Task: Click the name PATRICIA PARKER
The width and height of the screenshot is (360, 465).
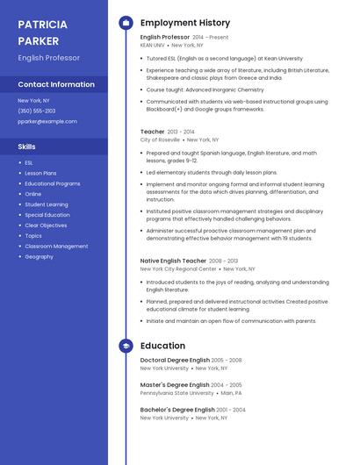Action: [43, 32]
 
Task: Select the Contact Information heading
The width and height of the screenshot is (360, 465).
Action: [56, 84]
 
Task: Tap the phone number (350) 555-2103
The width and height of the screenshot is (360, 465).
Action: [37, 111]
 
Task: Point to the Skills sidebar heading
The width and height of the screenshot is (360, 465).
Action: [27, 147]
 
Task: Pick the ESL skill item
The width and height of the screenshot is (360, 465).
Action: [29, 163]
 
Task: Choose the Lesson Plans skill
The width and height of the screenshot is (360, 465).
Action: [40, 174]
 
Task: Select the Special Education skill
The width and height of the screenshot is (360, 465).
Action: [47, 215]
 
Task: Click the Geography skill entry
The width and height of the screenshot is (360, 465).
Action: [39, 257]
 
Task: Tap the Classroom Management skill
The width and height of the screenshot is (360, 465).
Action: [56, 247]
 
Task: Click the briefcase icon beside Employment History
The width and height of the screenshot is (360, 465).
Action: [126, 23]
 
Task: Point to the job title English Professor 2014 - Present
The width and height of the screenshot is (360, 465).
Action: [184, 38]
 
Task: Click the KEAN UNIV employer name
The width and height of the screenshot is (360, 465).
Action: [152, 45]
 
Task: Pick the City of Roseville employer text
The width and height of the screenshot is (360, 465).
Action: [160, 139]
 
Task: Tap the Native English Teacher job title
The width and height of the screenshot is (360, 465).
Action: [173, 261]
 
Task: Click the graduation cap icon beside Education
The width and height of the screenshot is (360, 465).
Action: [126, 346]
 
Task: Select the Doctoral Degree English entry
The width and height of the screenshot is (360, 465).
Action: [175, 361]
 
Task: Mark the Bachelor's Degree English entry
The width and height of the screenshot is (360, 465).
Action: [177, 410]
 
